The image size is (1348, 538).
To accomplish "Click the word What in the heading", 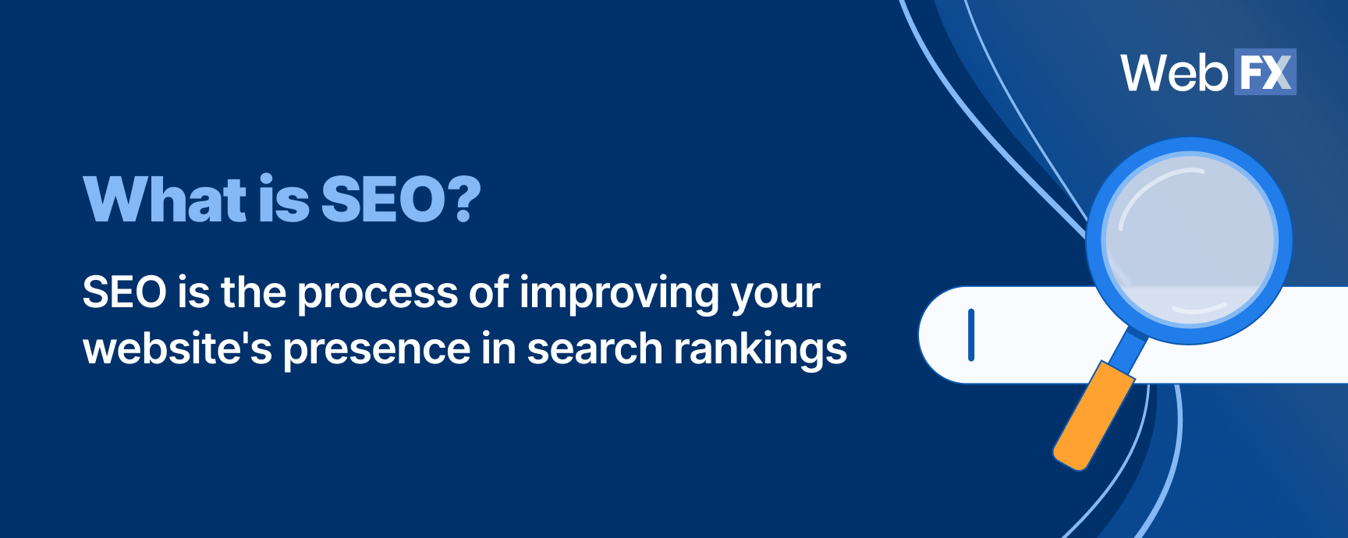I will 165,199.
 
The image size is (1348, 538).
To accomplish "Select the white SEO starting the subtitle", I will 124,292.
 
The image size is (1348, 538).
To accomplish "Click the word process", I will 378,295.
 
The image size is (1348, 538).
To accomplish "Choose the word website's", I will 177,349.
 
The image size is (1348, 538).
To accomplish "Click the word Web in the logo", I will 1174,73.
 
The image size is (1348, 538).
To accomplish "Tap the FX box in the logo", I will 1265,73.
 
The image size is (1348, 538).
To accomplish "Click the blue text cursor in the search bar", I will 971,335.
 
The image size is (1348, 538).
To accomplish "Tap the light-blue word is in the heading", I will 284,199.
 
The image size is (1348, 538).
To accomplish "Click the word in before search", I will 497,349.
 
